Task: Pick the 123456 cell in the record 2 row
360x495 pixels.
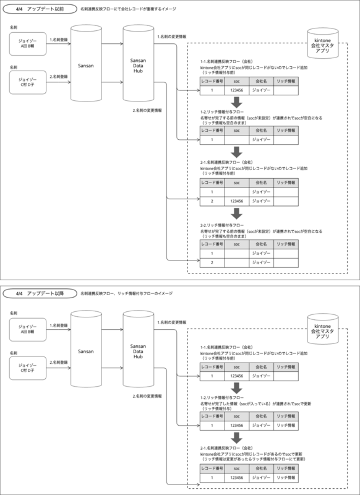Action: coord(235,201)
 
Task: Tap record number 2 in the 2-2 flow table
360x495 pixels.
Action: coord(211,262)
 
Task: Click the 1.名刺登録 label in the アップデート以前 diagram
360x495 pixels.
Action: coord(59,39)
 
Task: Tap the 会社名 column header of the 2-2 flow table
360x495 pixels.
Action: coord(259,244)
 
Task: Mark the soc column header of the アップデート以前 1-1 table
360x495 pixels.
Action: coord(235,81)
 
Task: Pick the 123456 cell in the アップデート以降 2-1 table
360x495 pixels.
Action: coord(235,478)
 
